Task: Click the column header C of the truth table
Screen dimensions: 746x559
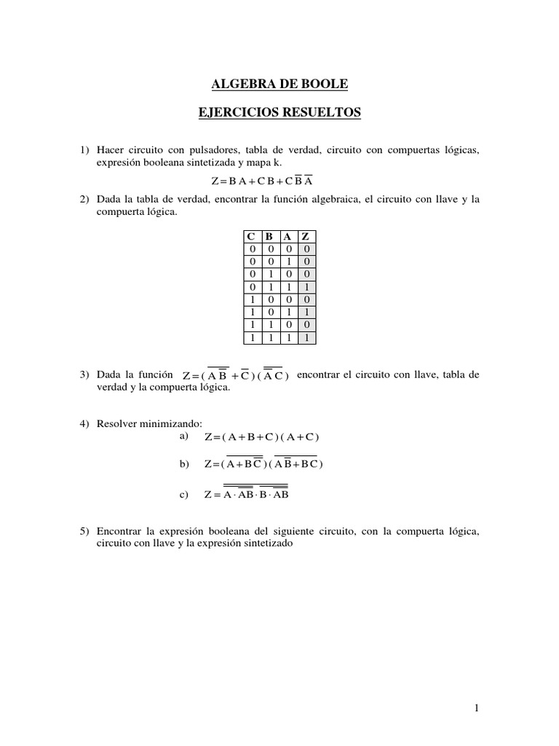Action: (x=250, y=236)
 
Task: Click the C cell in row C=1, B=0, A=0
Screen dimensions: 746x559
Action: (x=250, y=299)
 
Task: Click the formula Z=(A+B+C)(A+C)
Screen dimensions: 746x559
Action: (x=262, y=437)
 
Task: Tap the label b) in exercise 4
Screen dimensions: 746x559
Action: (x=183, y=463)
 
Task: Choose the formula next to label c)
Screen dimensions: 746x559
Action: (x=247, y=495)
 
